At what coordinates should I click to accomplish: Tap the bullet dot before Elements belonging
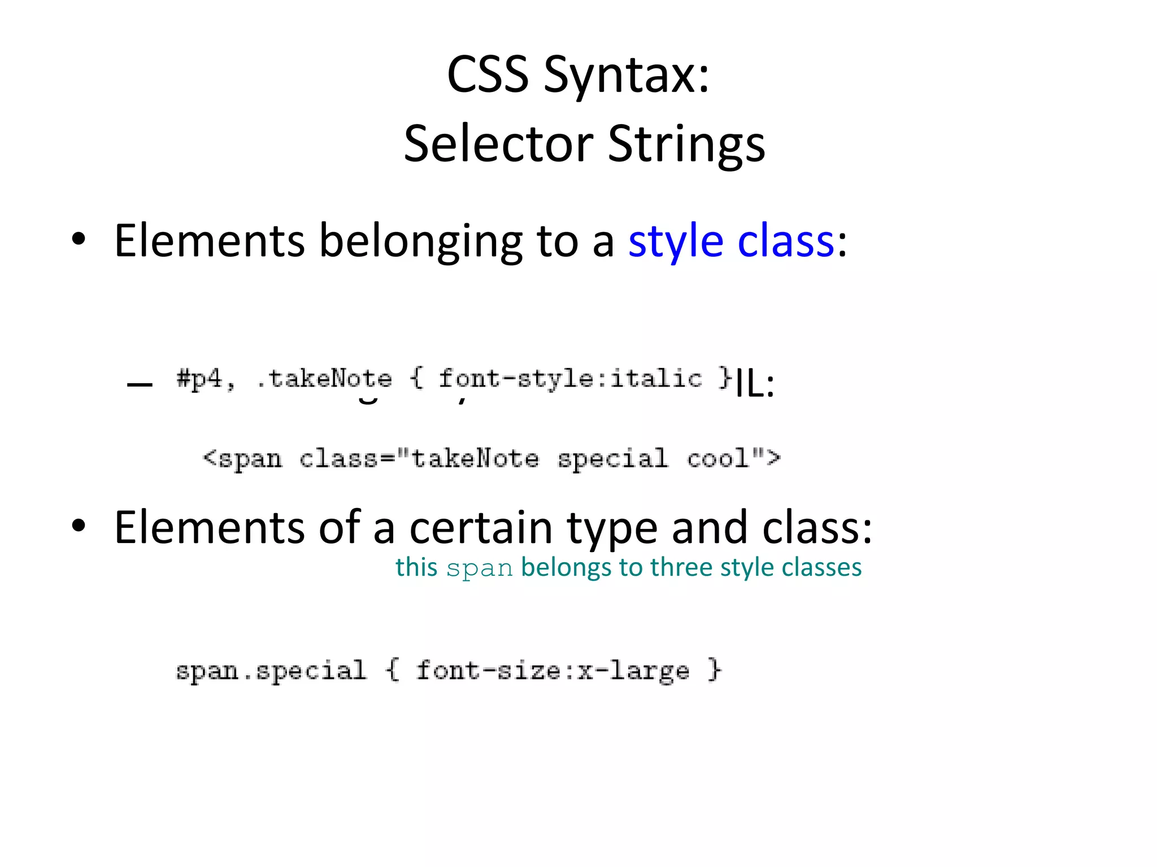point(79,239)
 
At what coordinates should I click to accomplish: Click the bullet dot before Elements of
point(79,526)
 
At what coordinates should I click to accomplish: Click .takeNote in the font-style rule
point(324,379)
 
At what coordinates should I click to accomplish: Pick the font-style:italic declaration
point(571,379)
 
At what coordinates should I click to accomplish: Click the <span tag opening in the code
point(242,458)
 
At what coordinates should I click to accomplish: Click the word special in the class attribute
point(612,458)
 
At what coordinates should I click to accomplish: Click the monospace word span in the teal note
point(479,568)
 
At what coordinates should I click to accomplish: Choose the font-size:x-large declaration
point(553,671)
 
